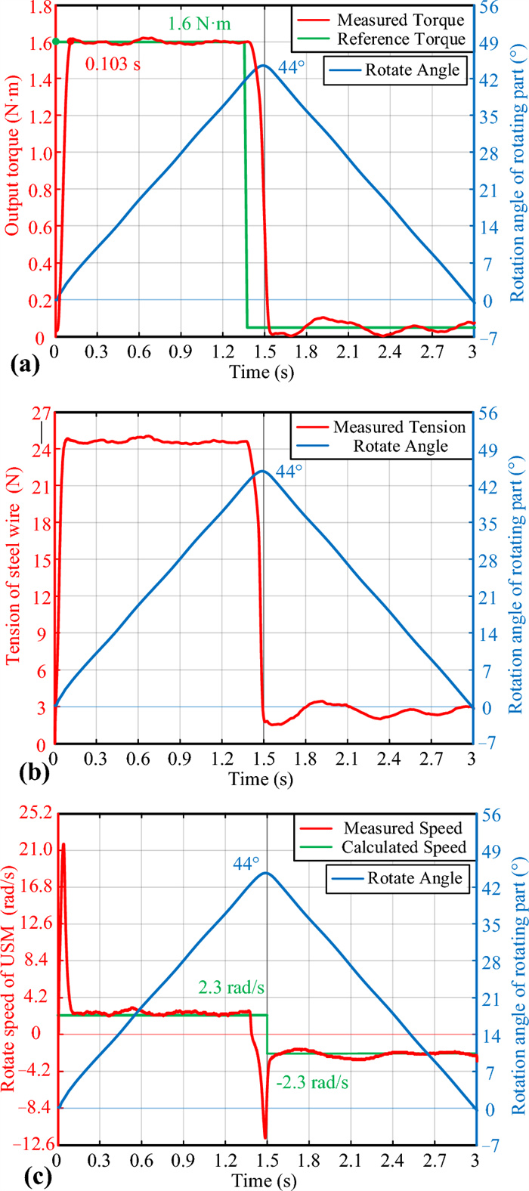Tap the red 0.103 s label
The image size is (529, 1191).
tap(113, 65)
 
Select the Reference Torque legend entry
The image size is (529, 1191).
tap(401, 39)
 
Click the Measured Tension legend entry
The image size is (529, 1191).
tap(400, 427)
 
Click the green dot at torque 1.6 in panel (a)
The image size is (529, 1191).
tap(55, 42)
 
